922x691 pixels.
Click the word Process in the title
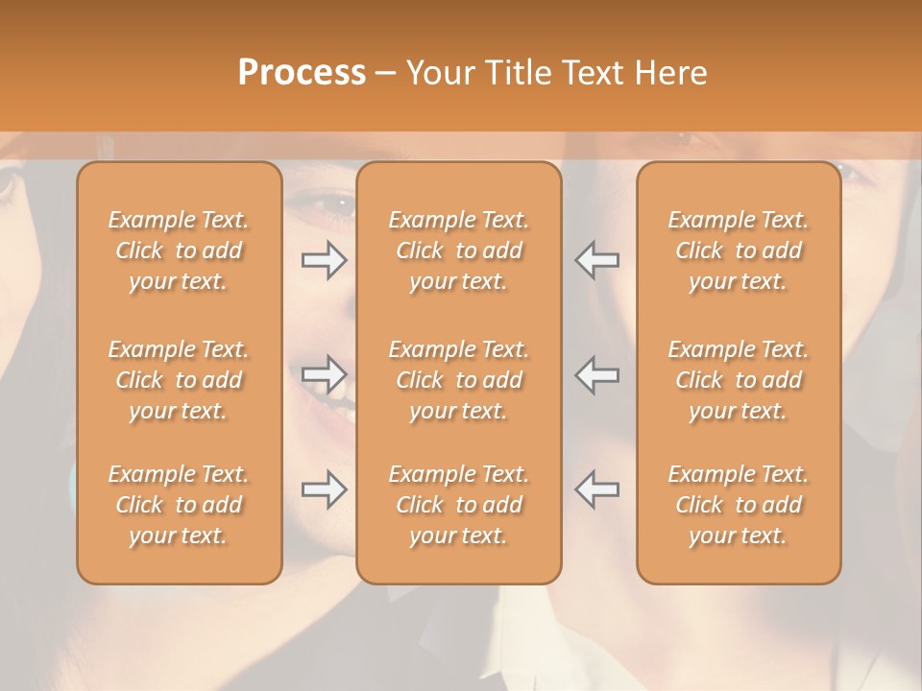tap(302, 73)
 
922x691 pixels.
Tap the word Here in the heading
tap(672, 73)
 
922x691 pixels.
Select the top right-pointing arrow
tap(324, 260)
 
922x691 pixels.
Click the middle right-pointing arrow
tap(324, 374)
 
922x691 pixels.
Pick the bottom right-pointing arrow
tap(324, 489)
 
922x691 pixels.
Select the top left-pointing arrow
tap(596, 260)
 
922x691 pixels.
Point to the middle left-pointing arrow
tap(596, 374)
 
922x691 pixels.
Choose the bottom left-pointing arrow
tap(596, 489)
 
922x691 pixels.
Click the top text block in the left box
tap(179, 250)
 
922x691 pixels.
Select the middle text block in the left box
tap(179, 380)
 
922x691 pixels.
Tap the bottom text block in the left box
tap(179, 505)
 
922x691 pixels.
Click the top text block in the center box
tap(458, 250)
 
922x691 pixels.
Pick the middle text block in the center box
tap(458, 380)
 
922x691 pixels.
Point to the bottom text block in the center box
tap(458, 505)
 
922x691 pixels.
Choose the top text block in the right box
tap(738, 250)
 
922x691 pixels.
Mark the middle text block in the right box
tap(738, 380)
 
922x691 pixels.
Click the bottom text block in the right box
tap(738, 505)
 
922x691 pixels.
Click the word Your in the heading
tap(439, 73)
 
